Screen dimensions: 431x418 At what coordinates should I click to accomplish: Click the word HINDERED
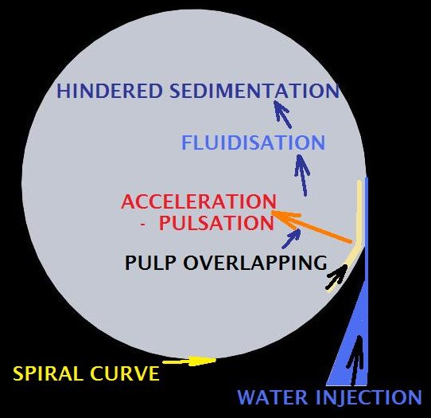(110, 91)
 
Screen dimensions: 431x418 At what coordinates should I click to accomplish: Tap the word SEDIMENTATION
(254, 91)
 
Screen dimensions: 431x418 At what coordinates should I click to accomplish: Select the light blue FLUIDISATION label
(254, 143)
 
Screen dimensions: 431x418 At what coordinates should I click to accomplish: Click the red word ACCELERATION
(199, 201)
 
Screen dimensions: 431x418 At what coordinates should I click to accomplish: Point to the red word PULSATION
(216, 223)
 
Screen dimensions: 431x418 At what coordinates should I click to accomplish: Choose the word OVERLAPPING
(255, 263)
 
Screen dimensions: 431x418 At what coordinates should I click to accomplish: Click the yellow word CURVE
(126, 373)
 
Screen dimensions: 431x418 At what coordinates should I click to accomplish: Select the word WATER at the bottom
(273, 397)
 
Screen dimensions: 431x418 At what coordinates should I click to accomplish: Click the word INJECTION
(369, 397)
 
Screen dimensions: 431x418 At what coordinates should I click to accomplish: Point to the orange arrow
(312, 226)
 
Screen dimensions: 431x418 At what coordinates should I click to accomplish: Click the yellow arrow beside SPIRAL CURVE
(189, 361)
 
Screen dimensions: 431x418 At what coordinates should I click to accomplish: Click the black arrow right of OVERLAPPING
(336, 276)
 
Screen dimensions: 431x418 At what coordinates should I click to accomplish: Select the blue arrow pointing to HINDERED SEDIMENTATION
(282, 114)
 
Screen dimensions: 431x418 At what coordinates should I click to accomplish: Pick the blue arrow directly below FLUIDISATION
(302, 175)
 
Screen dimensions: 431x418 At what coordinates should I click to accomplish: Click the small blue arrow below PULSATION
(291, 239)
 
